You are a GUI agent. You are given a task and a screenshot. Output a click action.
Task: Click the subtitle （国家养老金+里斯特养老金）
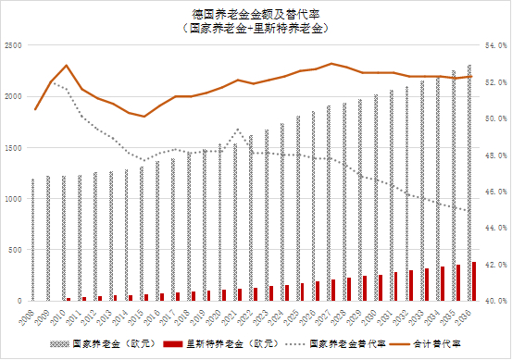click(x=256, y=28)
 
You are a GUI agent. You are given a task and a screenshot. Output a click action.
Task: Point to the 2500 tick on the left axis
click(x=14, y=44)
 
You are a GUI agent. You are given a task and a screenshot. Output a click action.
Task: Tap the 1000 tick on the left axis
click(x=14, y=198)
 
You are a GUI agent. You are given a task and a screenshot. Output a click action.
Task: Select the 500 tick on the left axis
click(x=16, y=250)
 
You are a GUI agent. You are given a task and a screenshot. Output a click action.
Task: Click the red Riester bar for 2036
click(x=475, y=281)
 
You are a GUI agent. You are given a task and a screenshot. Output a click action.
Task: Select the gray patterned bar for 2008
click(x=32, y=240)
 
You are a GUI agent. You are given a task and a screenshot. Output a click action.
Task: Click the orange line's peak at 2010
click(x=67, y=66)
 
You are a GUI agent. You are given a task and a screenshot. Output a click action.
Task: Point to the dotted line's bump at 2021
click(x=238, y=130)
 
